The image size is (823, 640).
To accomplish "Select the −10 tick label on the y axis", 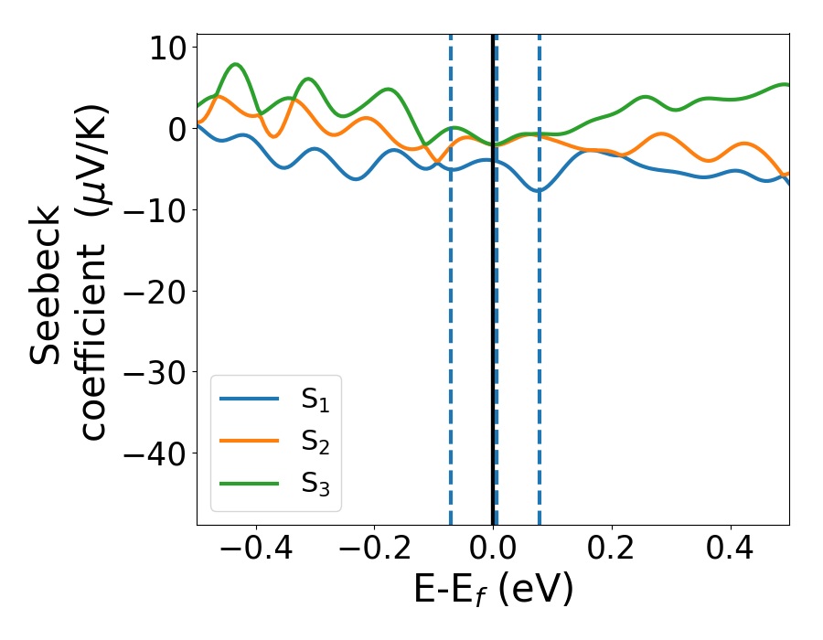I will point(154,210).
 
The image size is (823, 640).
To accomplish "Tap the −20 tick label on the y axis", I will point(154,292).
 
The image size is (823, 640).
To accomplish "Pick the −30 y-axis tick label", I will point(154,373).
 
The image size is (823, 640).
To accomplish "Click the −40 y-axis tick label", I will point(154,454).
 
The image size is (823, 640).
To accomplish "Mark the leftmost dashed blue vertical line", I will point(451,320).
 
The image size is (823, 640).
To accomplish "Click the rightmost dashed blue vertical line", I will point(540,320).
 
